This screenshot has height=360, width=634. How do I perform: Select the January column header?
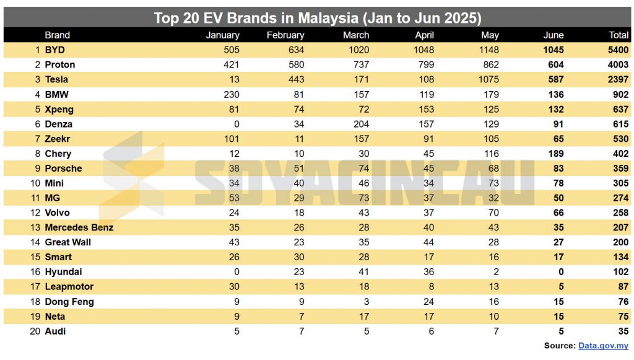222,35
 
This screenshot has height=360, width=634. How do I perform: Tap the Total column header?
619,35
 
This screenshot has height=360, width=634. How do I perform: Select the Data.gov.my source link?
604,346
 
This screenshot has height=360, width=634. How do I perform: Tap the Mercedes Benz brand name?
79,227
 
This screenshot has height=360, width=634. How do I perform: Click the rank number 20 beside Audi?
34,331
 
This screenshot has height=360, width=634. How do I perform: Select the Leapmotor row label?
69,287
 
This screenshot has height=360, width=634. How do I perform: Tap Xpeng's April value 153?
425,109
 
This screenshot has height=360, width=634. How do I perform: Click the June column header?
553,35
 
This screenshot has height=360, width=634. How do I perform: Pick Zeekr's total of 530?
619,139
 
